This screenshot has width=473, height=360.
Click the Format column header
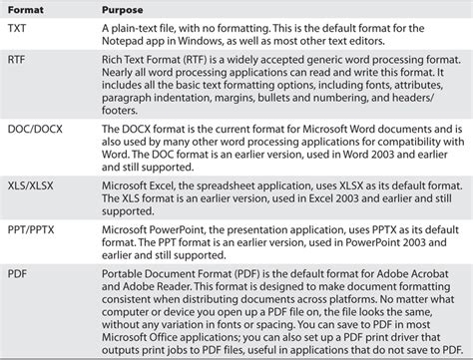(x=28, y=10)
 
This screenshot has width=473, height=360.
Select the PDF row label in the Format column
(x=18, y=272)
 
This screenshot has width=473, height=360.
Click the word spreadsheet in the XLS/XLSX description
(x=225, y=184)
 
